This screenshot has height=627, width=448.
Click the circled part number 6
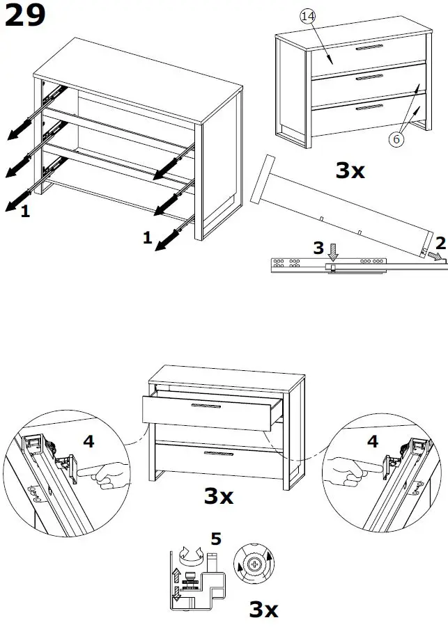pyautogui.click(x=396, y=138)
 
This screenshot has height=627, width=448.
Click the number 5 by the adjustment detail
pyautogui.click(x=216, y=539)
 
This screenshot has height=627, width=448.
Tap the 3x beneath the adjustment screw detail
pyautogui.click(x=263, y=610)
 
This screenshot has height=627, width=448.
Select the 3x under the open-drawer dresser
pyautogui.click(x=218, y=495)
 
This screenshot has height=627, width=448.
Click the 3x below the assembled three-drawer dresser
pyautogui.click(x=350, y=170)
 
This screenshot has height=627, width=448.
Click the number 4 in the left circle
pyautogui.click(x=88, y=441)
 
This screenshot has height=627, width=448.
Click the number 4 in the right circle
pyautogui.click(x=373, y=441)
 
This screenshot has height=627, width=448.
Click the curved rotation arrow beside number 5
pyautogui.click(x=189, y=555)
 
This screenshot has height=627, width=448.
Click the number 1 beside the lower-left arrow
pyautogui.click(x=25, y=212)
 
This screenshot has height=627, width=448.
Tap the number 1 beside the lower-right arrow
pyautogui.click(x=147, y=238)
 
